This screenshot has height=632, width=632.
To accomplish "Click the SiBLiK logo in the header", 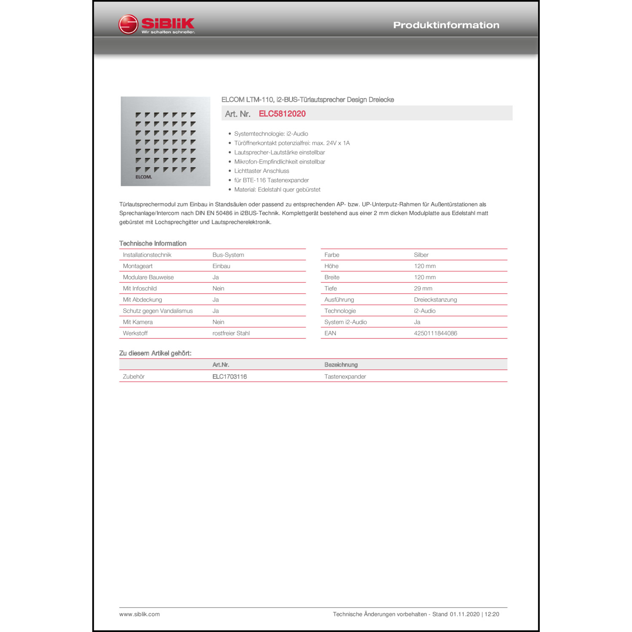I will coord(157,24).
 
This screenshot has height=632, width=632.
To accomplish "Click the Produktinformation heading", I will coord(446,25).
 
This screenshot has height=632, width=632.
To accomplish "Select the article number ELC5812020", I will coord(282,114).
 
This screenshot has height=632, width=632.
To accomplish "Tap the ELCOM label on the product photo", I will coord(144,177).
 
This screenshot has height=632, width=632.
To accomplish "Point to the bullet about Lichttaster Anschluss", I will coord(262,171).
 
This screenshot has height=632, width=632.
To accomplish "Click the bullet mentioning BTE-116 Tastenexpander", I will coord(271,180).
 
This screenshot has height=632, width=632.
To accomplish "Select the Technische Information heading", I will coord(153,244).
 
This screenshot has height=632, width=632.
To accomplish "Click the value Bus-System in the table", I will coord(228,255).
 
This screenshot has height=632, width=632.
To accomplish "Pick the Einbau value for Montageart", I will coord(221,266).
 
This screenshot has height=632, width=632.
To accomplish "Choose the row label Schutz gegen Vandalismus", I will coord(158,311).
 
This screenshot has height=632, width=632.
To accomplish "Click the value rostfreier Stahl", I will coord(231,333).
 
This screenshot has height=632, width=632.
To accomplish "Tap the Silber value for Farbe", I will coord(421,255).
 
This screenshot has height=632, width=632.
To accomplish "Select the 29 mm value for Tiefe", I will coord(423,289).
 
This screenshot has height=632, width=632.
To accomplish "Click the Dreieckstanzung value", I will coord(435,300).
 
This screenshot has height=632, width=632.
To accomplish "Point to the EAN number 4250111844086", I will coord(435,333).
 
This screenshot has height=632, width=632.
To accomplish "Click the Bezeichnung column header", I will coord(341,365).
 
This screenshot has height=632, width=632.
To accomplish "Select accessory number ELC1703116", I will coord(230,377).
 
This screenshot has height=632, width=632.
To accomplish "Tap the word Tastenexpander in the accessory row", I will coord(345,377).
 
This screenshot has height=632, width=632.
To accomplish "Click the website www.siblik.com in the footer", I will coord(139,614).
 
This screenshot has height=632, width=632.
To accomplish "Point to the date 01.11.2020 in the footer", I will coord(464,614).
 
